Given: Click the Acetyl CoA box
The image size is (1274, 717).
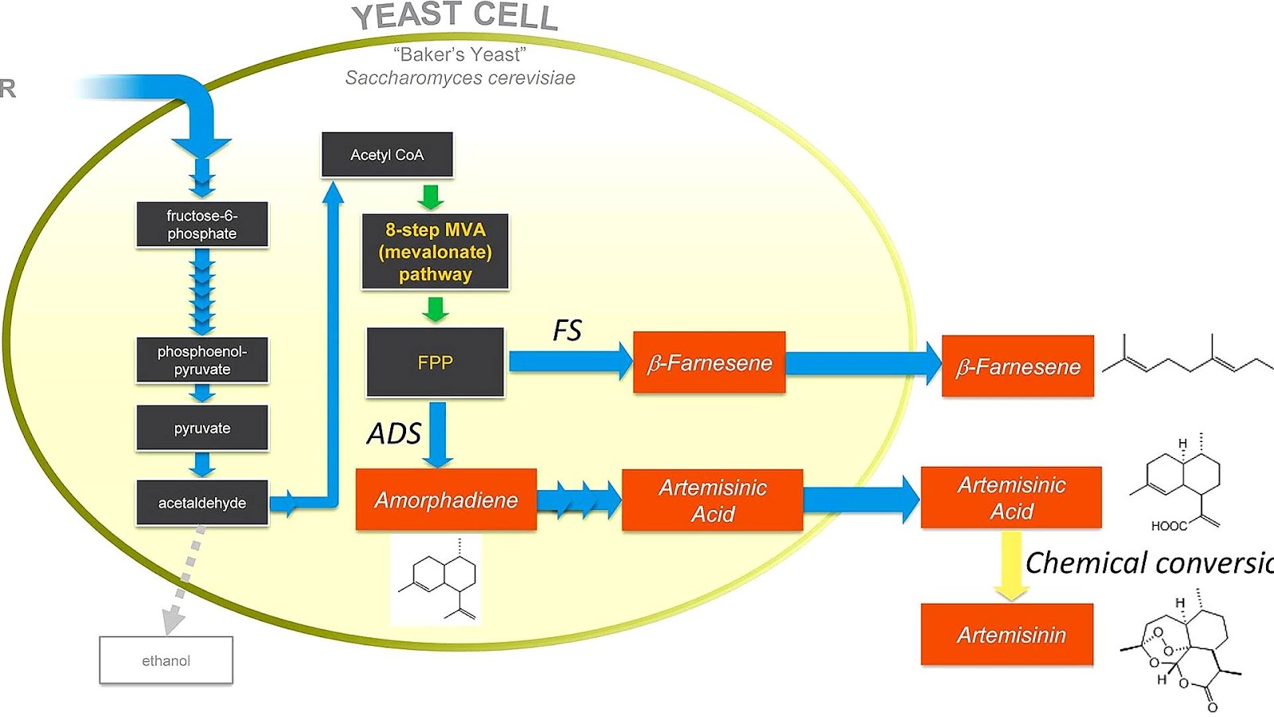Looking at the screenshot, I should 387,155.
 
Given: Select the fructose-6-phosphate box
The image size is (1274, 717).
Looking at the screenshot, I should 202,225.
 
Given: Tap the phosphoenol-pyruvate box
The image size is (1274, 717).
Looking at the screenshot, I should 202,360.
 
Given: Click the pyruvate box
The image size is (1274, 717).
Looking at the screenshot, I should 202,429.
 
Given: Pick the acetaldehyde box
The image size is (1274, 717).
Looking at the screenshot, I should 202,503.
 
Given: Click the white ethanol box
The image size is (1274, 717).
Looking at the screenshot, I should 166,660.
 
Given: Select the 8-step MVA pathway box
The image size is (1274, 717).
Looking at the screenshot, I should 435,252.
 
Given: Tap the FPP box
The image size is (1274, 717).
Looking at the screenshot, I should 435,362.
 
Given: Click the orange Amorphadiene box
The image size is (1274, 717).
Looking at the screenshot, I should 446,500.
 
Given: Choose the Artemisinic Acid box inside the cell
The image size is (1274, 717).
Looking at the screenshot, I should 712,500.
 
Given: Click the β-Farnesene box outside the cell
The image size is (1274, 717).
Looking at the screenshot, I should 1018,366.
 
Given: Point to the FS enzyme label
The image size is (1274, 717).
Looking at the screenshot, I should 567,330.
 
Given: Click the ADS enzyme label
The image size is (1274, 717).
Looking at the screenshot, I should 393,434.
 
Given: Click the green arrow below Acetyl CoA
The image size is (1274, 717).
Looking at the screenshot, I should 431,196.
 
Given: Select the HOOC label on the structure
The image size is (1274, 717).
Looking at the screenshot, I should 1168,526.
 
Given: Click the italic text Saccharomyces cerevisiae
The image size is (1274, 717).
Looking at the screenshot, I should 459,78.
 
